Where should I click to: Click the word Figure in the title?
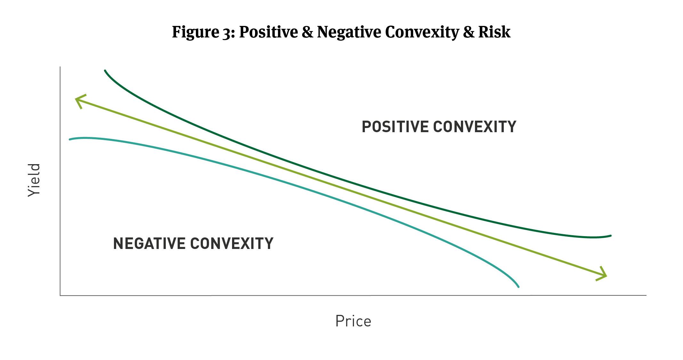[195, 32]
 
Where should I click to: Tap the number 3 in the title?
[227, 33]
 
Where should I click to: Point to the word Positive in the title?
[268, 32]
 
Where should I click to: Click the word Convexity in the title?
[422, 32]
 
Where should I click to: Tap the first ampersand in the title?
[307, 32]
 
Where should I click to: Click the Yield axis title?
[34, 180]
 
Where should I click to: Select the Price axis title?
[353, 321]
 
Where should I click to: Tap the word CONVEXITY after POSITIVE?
[475, 127]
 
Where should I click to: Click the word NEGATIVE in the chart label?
[149, 244]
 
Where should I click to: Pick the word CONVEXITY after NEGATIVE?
[232, 244]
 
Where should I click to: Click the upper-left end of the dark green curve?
[105, 71]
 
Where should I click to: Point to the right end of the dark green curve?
[610, 236]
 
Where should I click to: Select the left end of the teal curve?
[70, 139]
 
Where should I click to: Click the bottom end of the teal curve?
[518, 287]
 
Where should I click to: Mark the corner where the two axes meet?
[60, 295]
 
